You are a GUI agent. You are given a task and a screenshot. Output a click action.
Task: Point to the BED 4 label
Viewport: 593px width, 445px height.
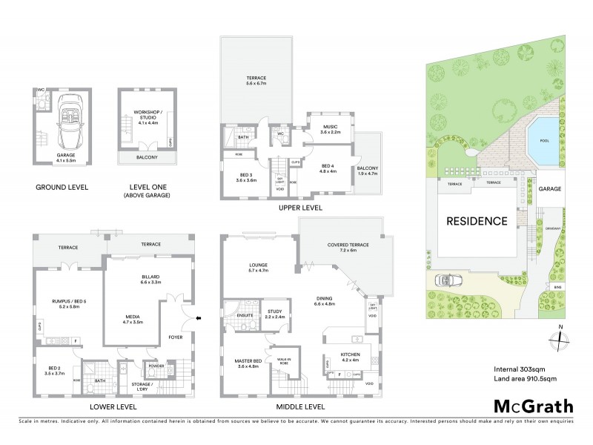pyautogui.click(x=328, y=168)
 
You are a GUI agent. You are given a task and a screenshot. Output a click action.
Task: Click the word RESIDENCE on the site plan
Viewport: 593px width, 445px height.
pyautogui.click(x=477, y=221)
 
